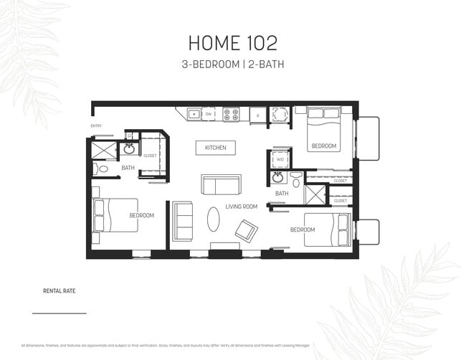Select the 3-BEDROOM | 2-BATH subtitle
tap(232, 65)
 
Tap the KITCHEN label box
tap(215, 148)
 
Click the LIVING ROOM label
tap(242, 207)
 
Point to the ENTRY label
tap(96, 126)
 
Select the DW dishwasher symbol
tap(209, 113)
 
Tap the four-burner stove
tap(230, 113)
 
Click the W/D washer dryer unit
tap(279, 160)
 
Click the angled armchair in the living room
tap(247, 230)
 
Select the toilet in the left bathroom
tap(101, 169)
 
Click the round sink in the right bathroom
tap(277, 177)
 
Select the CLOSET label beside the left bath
tap(150, 156)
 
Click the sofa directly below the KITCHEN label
tap(221, 184)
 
